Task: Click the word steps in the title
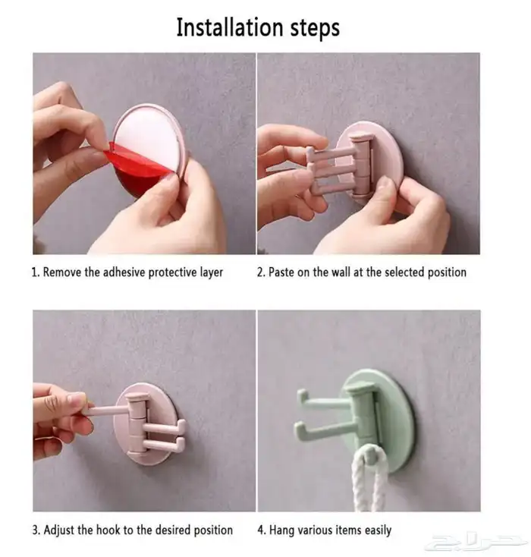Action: point(316,28)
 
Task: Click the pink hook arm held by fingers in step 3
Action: point(106,411)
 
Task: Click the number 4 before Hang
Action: point(261,530)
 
